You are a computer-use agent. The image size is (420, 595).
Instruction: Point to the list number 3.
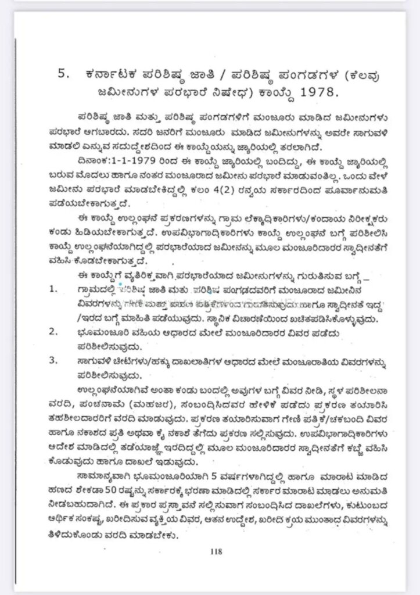coord(53,361)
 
